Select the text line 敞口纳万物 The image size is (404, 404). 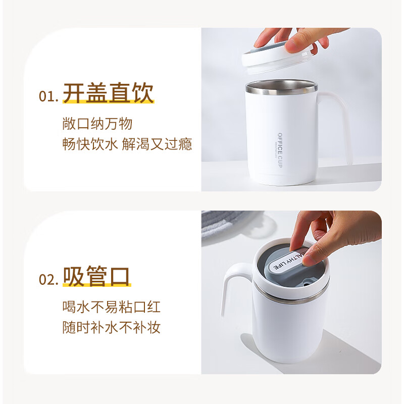click(97, 123)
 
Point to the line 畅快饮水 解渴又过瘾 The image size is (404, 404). click(127, 144)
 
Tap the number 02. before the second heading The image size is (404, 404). click(49, 280)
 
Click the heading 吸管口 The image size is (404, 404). click(97, 277)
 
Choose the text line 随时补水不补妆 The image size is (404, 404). click(111, 327)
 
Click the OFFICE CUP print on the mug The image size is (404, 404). click(280, 146)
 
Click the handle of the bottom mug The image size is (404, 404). click(233, 293)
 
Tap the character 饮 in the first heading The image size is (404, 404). click(141, 94)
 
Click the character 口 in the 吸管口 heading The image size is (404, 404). click(120, 277)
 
